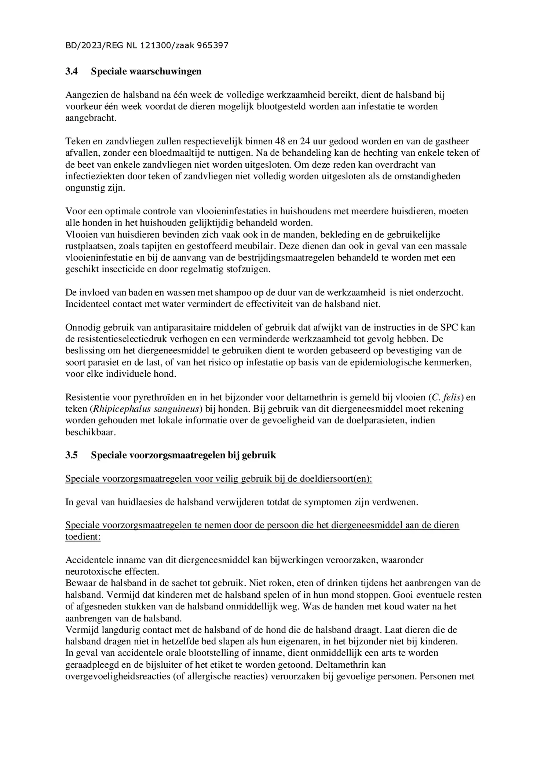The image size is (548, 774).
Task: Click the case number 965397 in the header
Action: pos(213,46)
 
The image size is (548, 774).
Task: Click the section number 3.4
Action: pos(72,71)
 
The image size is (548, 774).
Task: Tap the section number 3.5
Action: pos(72,455)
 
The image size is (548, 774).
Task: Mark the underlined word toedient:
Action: pos(83,537)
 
